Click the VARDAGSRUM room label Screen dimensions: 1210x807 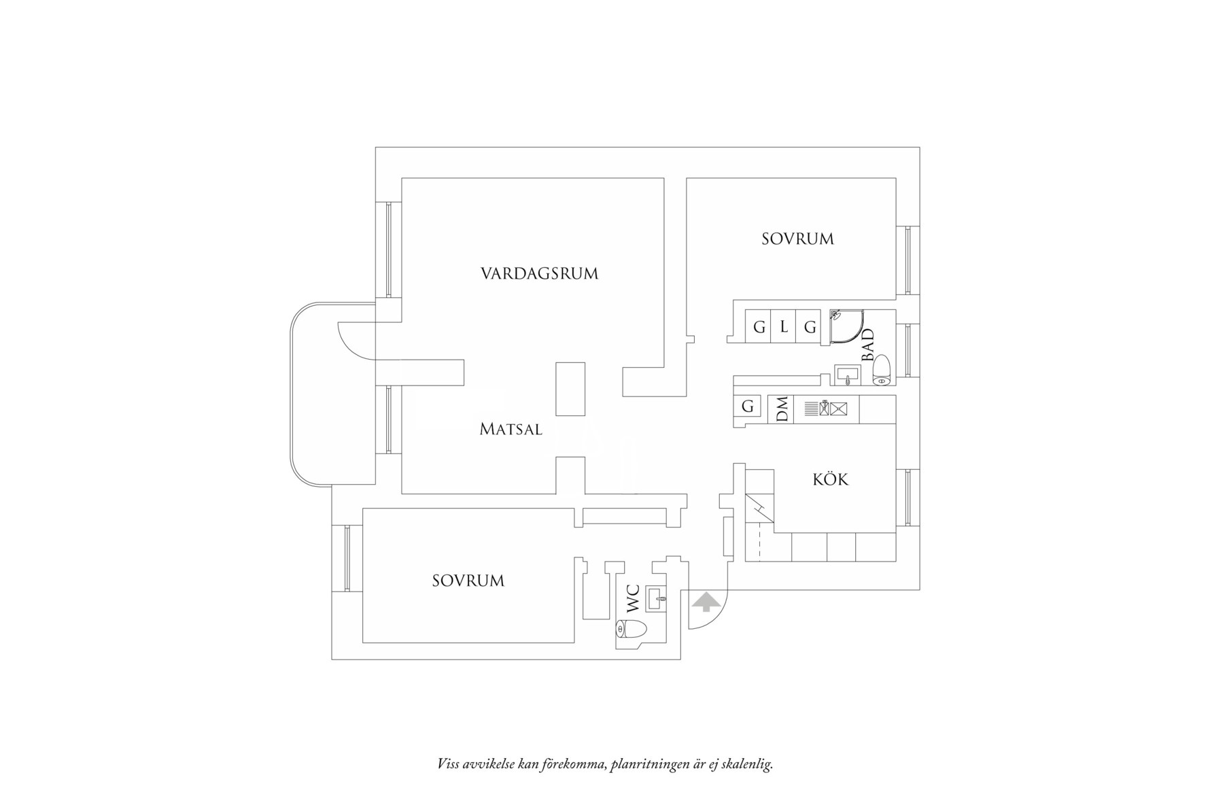pos(539,274)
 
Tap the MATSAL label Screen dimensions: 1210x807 pos(511,430)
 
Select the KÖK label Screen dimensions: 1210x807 pos(831,479)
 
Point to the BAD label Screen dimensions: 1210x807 pos(867,345)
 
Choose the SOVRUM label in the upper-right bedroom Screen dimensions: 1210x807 pos(797,239)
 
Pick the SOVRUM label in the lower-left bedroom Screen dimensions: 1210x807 pos(468,581)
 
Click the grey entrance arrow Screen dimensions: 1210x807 pos(706,602)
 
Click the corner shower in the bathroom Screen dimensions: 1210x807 pos(846,327)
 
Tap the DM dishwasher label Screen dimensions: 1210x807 pos(782,409)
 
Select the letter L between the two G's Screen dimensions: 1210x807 pos(784,327)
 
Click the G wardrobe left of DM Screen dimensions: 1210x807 pos(748,407)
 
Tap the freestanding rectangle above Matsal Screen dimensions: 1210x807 pos(570,389)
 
